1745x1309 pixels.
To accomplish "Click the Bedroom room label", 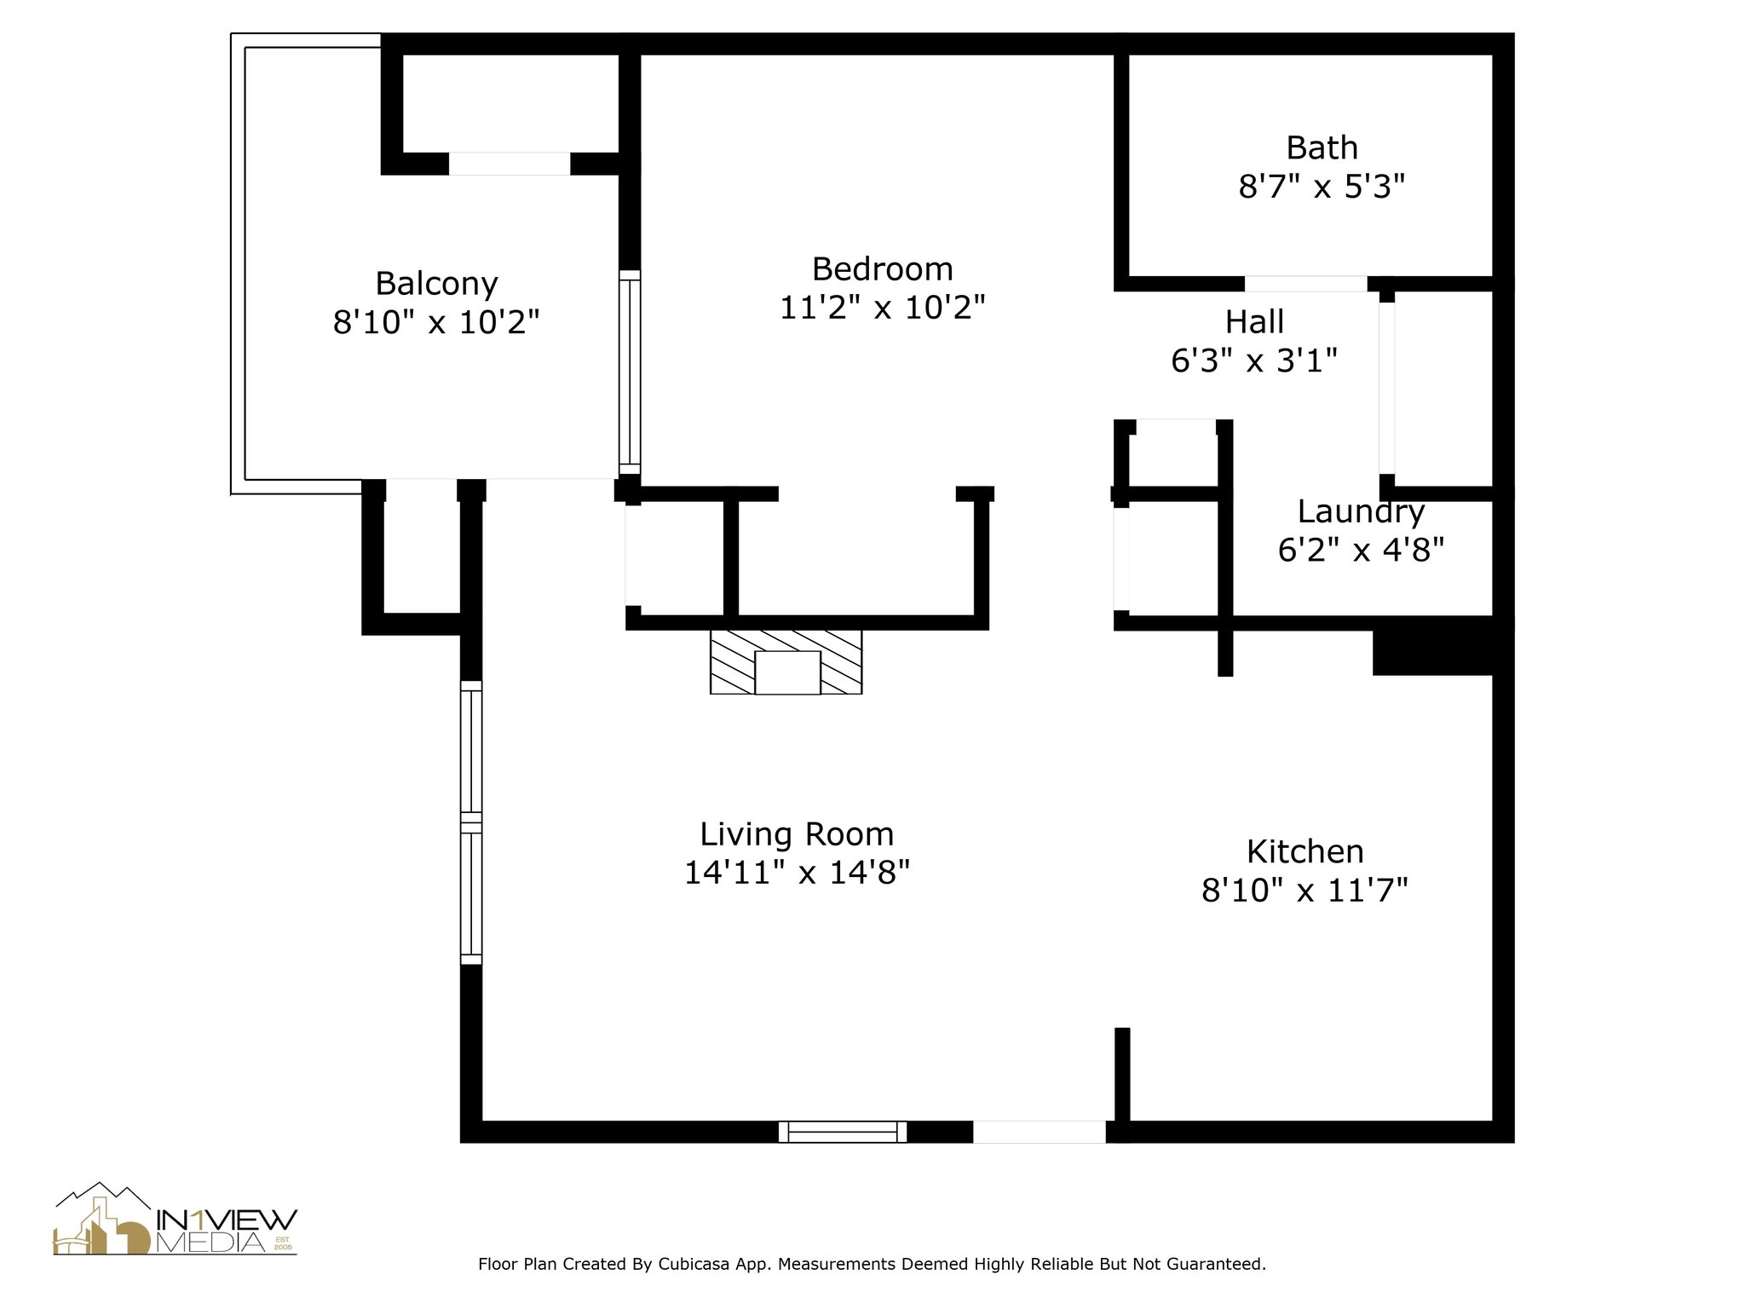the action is click(x=882, y=269).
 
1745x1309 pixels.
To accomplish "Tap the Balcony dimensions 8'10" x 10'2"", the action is click(x=436, y=322).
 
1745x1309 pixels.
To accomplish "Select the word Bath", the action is click(x=1322, y=148).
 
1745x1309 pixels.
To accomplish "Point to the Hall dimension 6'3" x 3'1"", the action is click(x=1254, y=360).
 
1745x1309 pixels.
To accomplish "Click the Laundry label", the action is click(x=1361, y=512).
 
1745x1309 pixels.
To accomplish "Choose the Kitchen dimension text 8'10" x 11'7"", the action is click(x=1304, y=891).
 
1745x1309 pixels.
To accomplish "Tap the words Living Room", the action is click(x=797, y=833).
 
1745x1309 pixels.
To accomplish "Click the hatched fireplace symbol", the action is click(x=786, y=662).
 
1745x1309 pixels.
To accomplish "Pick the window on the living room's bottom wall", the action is click(x=842, y=1132).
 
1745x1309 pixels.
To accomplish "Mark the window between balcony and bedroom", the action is click(x=629, y=372).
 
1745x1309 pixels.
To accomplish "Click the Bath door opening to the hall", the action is click(x=1306, y=284).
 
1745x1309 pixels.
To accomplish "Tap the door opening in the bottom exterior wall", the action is click(x=1040, y=1132).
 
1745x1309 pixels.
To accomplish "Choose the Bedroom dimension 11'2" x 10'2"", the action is click(x=882, y=307).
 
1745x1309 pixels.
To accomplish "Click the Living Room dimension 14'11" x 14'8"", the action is click(x=797, y=872).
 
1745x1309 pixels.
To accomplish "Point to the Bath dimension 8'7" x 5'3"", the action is click(x=1321, y=186).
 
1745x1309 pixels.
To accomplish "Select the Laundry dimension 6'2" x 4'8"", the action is click(x=1361, y=550).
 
